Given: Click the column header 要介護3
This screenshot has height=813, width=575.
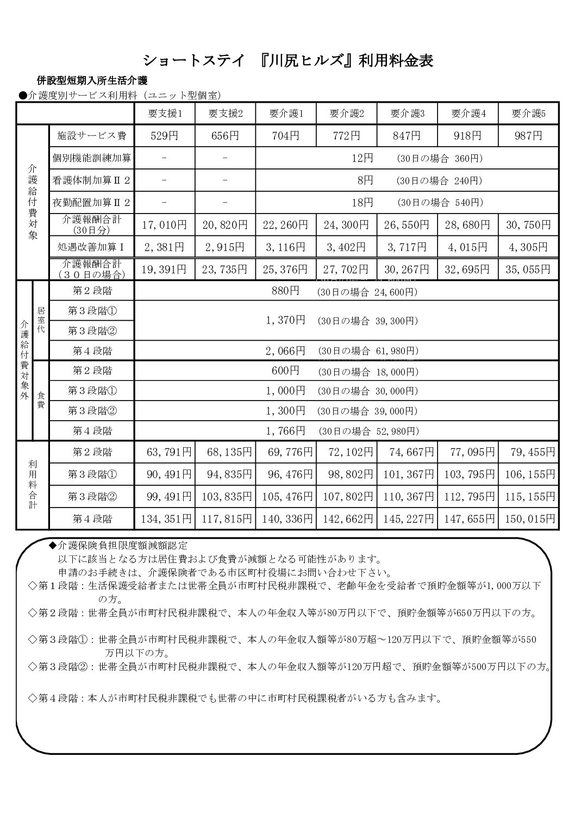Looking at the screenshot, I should click(x=407, y=114).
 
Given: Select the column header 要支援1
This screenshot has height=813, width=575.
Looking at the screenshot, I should click(x=165, y=114).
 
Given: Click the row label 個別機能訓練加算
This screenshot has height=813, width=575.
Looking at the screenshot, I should click(x=92, y=158).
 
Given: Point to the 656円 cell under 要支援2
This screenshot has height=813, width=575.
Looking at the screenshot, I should click(x=225, y=136).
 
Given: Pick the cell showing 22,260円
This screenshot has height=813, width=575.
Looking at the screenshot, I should click(x=285, y=224).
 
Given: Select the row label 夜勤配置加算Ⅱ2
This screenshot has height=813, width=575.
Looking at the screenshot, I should click(x=92, y=203).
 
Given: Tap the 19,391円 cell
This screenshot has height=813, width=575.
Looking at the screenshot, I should click(x=165, y=268).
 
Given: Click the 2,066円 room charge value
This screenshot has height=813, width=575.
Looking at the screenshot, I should click(x=285, y=351).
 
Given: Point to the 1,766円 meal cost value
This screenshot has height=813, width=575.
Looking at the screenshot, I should click(x=285, y=431).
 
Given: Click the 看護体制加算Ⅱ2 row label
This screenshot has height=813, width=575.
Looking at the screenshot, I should click(x=92, y=180).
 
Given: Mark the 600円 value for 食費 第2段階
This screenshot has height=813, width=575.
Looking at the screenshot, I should click(x=285, y=371).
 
